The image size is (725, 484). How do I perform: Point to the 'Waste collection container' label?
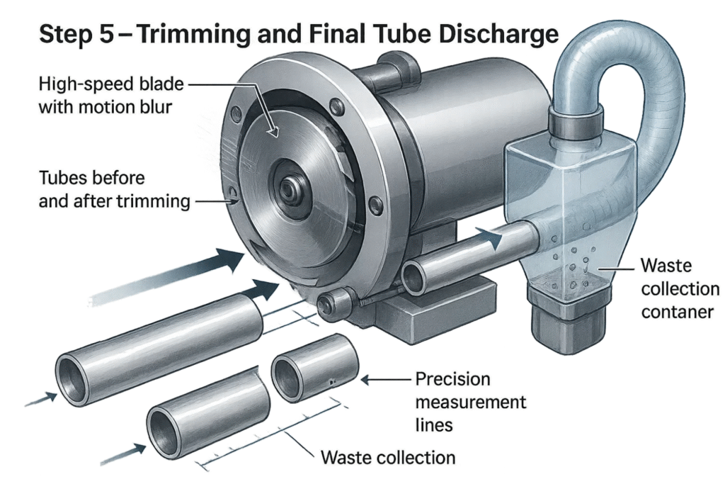[x=679, y=289]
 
